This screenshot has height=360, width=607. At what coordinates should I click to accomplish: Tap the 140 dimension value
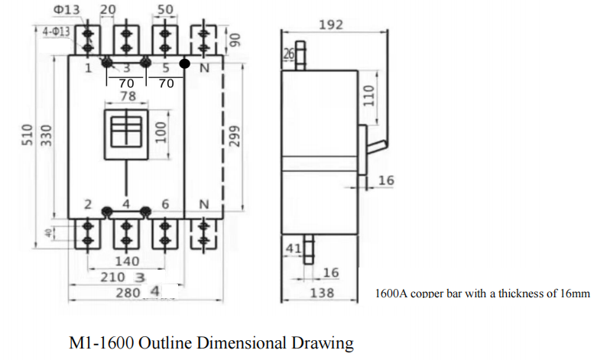coord(126,261)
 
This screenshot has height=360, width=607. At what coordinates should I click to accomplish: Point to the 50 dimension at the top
coord(164,9)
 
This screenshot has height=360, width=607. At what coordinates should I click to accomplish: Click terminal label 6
coord(165,205)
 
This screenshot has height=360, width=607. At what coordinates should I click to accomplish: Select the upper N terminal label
coord(204,69)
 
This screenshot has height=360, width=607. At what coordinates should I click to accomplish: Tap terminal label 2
coord(88,205)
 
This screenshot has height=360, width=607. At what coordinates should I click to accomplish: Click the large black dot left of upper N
coord(183,63)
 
